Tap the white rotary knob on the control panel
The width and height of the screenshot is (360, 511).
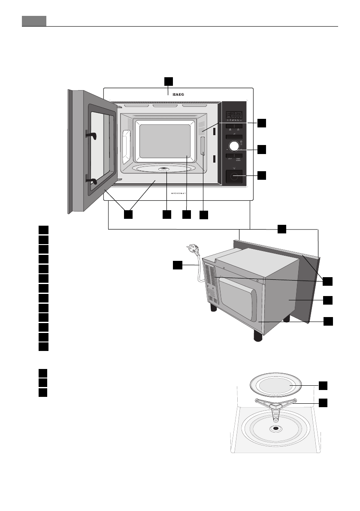234,146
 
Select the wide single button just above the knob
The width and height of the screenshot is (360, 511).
234,136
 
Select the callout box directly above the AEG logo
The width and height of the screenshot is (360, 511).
169,81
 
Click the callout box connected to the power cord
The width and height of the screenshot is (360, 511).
178,266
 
